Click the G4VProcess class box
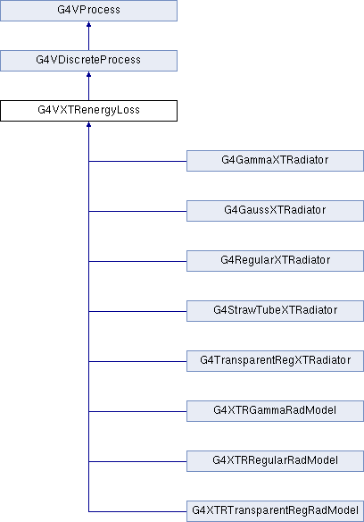click(x=88, y=11)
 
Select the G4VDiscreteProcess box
click(x=88, y=61)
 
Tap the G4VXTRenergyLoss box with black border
click(x=88, y=111)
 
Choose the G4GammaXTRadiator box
click(x=275, y=161)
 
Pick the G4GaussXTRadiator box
click(x=275, y=211)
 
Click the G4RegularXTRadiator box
click(x=275, y=261)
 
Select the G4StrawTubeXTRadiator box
click(x=275, y=311)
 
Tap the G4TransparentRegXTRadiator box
click(x=275, y=361)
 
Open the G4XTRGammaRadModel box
click(x=275, y=411)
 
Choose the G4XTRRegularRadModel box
click(x=275, y=461)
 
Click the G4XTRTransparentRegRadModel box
click(x=275, y=511)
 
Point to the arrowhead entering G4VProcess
click(x=88, y=24)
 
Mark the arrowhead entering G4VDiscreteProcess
click(x=88, y=74)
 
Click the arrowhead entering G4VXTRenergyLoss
click(x=88, y=124)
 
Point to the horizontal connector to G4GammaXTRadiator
click(x=137, y=162)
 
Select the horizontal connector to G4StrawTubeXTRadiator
click(x=137, y=312)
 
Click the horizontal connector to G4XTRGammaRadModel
click(x=137, y=411)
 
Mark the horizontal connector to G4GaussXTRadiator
click(x=137, y=212)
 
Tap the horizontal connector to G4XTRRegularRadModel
click(x=137, y=462)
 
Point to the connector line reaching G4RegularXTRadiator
click(x=137, y=261)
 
